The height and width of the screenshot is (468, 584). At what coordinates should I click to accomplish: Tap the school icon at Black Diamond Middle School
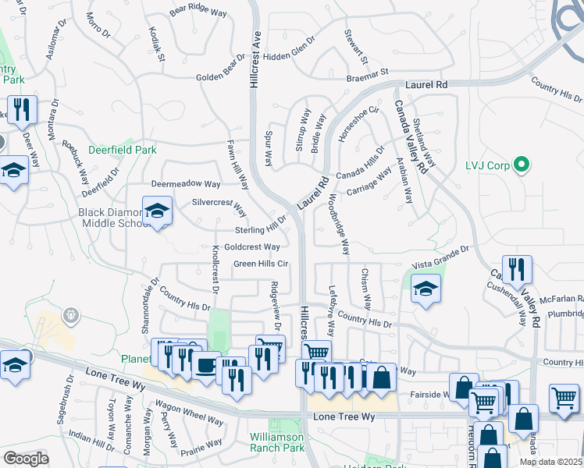coord(157,211)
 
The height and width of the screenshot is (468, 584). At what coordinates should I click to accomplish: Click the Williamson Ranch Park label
coord(276,442)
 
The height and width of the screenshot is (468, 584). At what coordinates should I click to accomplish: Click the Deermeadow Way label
coord(186,184)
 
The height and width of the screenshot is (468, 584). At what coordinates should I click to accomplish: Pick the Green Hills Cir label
coord(261,264)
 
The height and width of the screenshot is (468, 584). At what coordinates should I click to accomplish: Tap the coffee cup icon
coord(206,364)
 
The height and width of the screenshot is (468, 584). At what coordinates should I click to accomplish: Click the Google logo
coord(26,459)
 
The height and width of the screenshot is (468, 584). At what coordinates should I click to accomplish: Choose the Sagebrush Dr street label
coord(65,400)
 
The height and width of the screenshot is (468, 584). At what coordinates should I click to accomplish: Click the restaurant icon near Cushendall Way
coord(517,271)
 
